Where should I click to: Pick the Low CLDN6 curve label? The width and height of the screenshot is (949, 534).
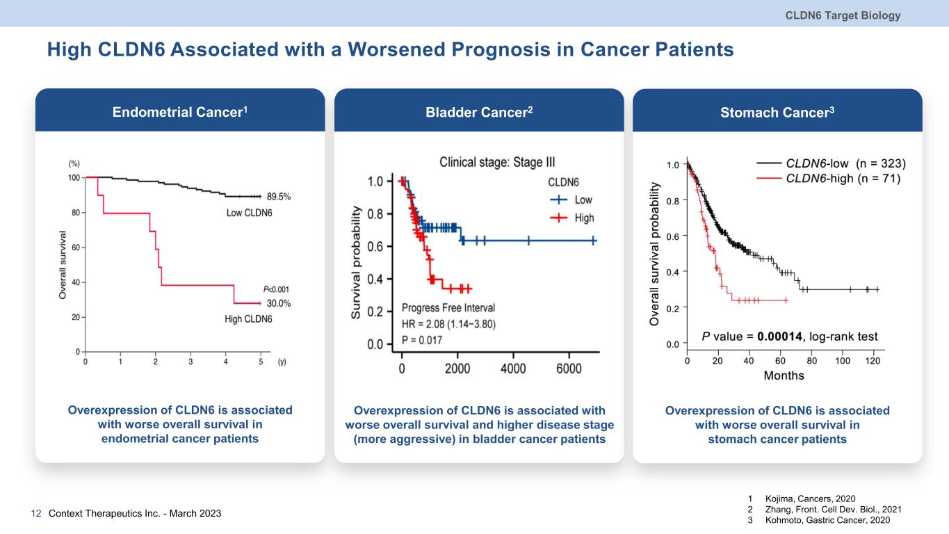[x=249, y=213]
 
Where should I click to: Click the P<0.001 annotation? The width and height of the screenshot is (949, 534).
[x=276, y=289]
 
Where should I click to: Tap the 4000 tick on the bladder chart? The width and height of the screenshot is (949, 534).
[x=513, y=370]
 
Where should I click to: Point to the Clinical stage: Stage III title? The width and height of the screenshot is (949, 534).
[x=497, y=161]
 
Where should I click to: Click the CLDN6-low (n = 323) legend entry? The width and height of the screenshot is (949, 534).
[x=845, y=163]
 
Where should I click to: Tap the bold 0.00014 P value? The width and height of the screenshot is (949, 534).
[x=780, y=337]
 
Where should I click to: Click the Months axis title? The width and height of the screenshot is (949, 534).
[x=784, y=375]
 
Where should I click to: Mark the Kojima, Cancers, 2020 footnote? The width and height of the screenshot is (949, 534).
[x=810, y=499]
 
